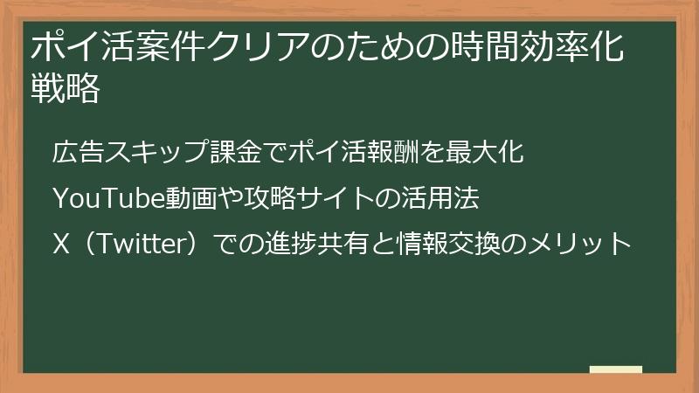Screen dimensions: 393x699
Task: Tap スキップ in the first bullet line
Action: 148,152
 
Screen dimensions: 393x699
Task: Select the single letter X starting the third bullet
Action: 60,244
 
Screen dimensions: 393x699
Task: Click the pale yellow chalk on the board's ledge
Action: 615,369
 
